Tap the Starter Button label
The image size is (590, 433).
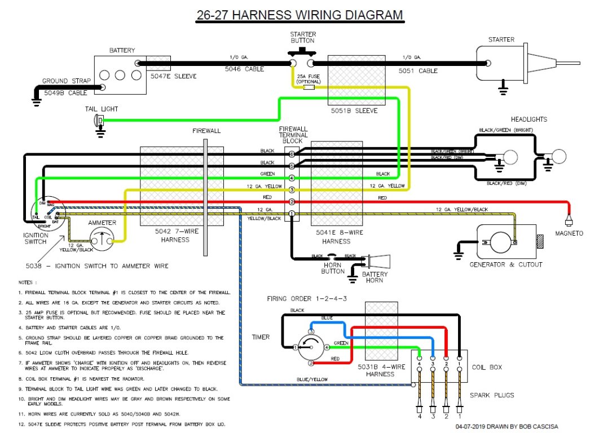coord(302,37)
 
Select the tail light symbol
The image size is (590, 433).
coord(99,120)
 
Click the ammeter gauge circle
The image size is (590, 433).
coord(102,240)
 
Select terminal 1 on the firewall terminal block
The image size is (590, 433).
coord(292,214)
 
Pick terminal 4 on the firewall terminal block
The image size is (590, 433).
coord(292,178)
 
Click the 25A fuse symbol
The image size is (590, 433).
coord(309,87)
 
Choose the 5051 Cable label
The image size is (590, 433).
coord(417,71)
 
